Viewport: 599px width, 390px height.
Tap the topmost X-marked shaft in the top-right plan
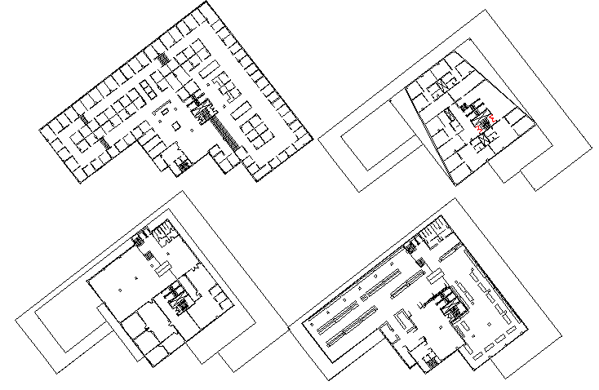point(442,86)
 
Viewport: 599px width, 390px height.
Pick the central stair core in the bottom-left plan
point(176,298)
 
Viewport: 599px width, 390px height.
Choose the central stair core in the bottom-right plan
point(449,304)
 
